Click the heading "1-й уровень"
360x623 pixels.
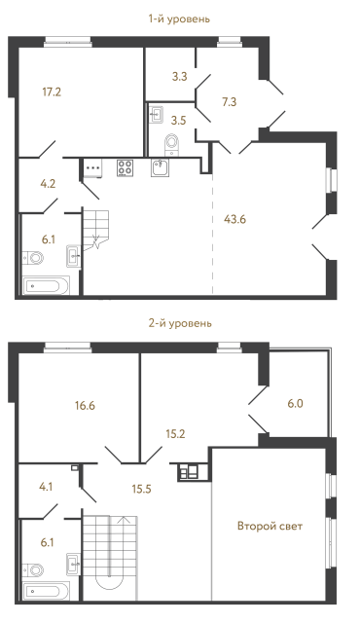[x=181, y=18]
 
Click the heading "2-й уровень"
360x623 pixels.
[x=181, y=322]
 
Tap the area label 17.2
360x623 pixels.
[x=52, y=92]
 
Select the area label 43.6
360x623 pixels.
[x=234, y=218]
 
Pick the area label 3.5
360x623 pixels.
[x=178, y=121]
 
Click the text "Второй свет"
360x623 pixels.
[x=270, y=527]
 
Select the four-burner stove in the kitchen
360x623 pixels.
[x=125, y=166]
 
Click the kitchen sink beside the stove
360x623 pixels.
[x=161, y=167]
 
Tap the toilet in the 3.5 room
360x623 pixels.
[x=172, y=145]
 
